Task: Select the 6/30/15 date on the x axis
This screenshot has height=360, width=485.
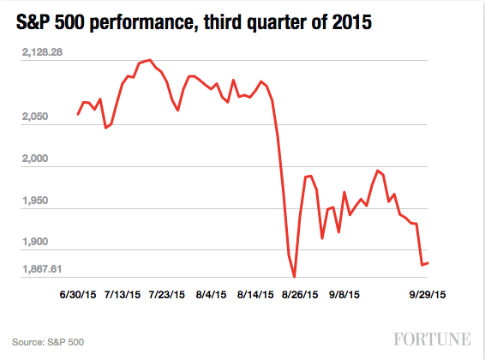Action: (x=77, y=294)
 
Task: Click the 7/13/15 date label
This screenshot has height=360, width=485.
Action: (x=122, y=294)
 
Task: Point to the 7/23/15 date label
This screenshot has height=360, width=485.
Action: (x=166, y=294)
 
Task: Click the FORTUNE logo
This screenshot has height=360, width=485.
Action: (x=434, y=338)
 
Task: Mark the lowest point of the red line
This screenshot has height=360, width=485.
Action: (x=294, y=277)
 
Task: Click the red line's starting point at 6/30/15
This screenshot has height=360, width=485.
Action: (x=78, y=114)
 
